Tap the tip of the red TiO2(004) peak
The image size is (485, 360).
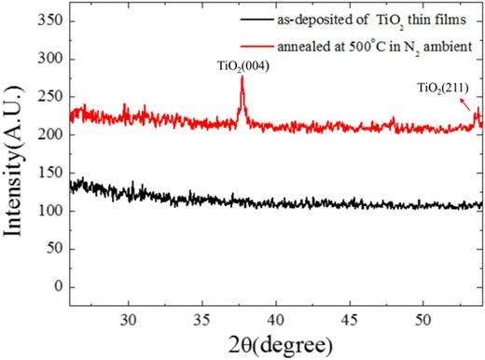coord(242,77)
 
